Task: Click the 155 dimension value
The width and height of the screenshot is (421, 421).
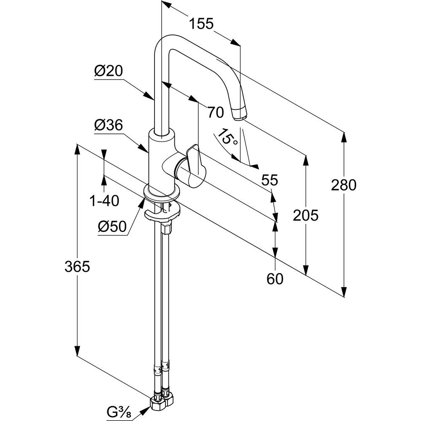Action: (200, 24)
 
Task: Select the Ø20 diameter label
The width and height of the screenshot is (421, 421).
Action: (108, 71)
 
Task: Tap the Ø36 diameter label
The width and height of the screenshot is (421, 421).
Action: (108, 125)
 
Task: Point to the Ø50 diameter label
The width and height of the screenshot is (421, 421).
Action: (112, 227)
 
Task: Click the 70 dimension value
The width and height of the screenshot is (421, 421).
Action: (215, 112)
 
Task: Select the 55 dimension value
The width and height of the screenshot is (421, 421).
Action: (269, 181)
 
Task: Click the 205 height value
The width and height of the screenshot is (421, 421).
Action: (305, 216)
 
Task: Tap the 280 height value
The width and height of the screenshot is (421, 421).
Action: (344, 185)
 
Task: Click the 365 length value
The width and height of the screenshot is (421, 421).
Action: (77, 266)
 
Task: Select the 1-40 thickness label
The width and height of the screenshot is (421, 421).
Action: (104, 201)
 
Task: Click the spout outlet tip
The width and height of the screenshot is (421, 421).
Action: (239, 114)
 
